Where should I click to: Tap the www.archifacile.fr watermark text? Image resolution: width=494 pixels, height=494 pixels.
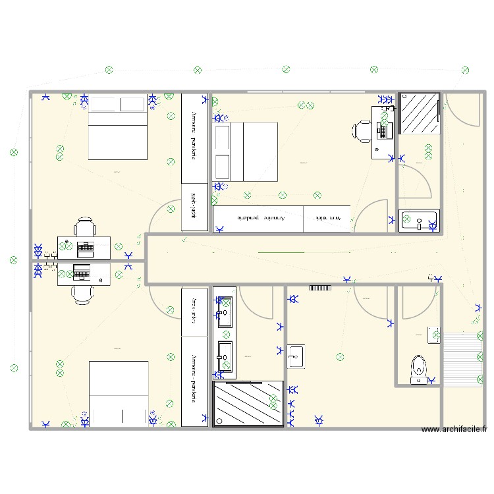[454, 429]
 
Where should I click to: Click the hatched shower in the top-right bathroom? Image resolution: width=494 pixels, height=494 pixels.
[420, 113]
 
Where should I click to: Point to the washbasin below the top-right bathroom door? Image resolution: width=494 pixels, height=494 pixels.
[418, 220]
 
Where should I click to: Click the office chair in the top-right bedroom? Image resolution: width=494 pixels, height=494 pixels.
[364, 130]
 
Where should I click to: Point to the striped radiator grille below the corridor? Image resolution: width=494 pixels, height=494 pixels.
[319, 287]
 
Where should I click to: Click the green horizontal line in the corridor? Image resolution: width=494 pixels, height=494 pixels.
[281, 252]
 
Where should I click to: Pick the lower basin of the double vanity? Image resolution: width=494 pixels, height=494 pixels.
[225, 356]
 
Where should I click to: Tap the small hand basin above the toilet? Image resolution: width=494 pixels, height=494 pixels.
[433, 335]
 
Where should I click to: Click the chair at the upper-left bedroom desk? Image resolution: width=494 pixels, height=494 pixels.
[84, 227]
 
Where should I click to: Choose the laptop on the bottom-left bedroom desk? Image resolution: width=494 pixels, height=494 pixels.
[81, 271]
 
